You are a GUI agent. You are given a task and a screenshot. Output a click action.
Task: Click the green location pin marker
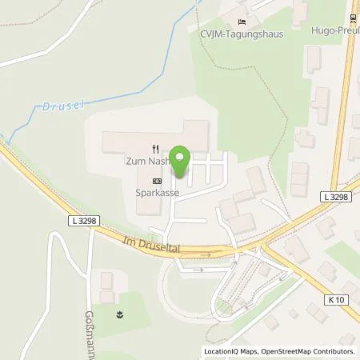click(x=182, y=162)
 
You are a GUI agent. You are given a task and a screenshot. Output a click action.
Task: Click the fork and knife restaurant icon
click(x=155, y=149)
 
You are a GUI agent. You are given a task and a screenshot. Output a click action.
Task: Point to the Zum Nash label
click(x=149, y=161)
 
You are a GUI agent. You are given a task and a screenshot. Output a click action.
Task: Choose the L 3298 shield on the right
click(x=337, y=196)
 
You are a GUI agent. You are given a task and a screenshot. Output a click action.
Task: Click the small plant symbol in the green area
click(x=119, y=314)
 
